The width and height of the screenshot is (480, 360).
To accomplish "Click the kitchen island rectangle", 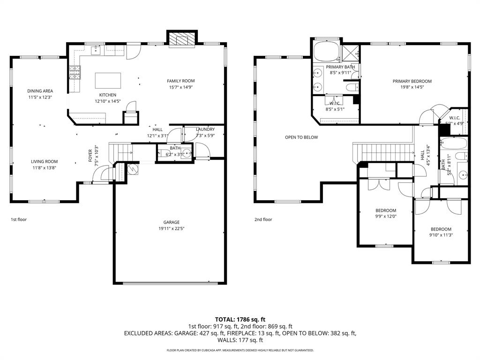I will click(x=108, y=80).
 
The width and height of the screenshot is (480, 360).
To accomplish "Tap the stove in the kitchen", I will click(x=75, y=71).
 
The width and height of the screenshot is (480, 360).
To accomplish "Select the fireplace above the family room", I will click(x=181, y=40).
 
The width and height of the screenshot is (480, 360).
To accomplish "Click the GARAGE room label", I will click(x=171, y=222).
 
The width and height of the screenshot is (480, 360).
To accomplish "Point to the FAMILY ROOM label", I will click(x=181, y=81).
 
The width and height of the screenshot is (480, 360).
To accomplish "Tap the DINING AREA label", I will click(x=40, y=91).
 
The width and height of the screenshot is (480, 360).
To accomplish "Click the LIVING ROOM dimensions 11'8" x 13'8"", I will click(x=45, y=167).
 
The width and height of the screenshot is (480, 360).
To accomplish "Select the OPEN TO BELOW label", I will click(x=301, y=137).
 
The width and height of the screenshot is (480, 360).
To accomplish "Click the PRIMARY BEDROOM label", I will click(x=412, y=81).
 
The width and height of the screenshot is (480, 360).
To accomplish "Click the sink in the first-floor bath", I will click(x=186, y=153).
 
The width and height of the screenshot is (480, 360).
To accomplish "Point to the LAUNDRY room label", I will click(x=205, y=129).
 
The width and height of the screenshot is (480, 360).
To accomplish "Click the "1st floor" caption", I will click(x=19, y=219).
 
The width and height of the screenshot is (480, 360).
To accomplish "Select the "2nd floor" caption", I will click(x=263, y=219).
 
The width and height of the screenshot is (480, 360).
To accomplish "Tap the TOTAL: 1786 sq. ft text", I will click(x=240, y=319).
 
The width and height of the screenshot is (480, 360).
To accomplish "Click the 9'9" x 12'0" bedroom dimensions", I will click(x=386, y=217).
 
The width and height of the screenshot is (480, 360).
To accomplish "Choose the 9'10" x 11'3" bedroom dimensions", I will click(x=441, y=235).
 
